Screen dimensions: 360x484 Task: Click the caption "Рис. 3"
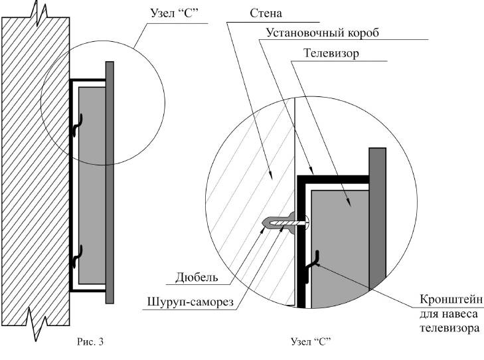click(90, 343)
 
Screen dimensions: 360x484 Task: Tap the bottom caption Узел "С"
click(311, 343)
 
